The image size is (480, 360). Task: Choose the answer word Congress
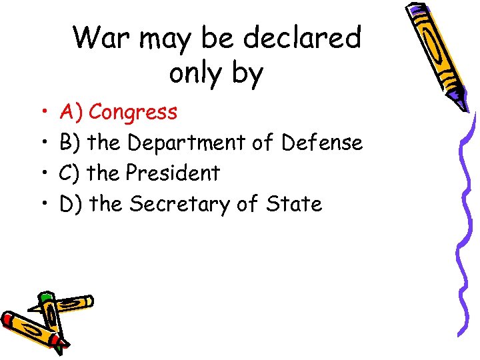pyautogui.click(x=133, y=113)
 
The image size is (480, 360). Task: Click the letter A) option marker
pyautogui.click(x=70, y=112)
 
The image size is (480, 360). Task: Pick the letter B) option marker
pyautogui.click(x=70, y=143)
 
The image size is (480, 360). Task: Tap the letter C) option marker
pyautogui.click(x=70, y=173)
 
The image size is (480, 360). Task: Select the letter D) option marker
pyautogui.click(x=71, y=204)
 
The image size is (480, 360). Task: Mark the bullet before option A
pyautogui.click(x=42, y=112)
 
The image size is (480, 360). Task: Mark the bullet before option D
pyautogui.click(x=42, y=204)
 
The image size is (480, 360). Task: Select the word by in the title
pyautogui.click(x=247, y=74)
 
